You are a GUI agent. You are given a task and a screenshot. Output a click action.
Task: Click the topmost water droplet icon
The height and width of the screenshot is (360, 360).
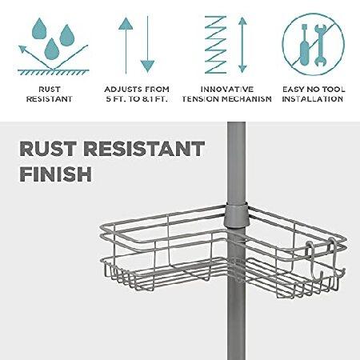[x=39, y=29]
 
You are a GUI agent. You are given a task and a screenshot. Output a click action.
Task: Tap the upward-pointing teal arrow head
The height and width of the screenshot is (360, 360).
[x=126, y=23]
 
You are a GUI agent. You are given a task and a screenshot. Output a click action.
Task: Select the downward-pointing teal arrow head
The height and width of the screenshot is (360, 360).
[x=147, y=66]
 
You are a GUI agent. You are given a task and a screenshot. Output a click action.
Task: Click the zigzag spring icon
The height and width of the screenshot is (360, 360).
[x=215, y=45]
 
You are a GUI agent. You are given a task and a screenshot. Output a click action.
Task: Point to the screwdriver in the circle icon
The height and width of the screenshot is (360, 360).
[x=304, y=46]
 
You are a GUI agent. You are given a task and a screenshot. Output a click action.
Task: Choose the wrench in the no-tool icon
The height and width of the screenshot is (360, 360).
[x=320, y=46]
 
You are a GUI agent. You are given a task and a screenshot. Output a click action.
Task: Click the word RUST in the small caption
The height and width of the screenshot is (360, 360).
[x=50, y=89]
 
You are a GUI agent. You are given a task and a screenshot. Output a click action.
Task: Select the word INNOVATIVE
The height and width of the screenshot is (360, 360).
[x=227, y=89]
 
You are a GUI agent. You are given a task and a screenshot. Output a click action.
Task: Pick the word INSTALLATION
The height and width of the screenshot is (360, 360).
[x=313, y=99]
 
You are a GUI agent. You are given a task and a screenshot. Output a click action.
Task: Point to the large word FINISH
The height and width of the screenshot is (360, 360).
[x=56, y=174]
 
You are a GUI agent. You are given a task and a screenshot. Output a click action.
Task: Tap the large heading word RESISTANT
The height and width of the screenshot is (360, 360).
[x=144, y=149]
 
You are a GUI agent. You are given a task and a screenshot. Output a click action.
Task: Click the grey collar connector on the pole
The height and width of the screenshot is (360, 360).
[x=236, y=215]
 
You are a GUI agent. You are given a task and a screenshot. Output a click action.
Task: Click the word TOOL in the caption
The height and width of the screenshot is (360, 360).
[x=334, y=89]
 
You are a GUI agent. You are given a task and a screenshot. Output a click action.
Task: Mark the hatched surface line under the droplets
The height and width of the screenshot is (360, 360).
[x=54, y=72]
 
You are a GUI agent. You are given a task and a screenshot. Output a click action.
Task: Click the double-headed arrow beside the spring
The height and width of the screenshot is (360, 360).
[x=242, y=45]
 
